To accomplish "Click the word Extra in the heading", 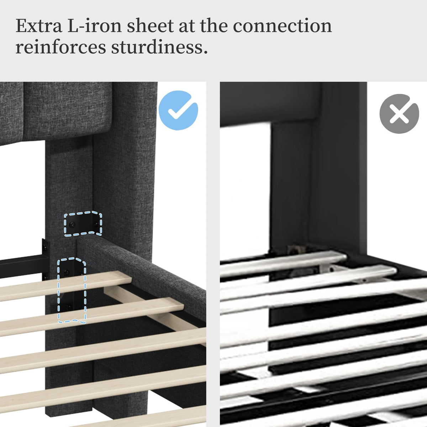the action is point(39,26).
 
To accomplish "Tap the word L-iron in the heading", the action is point(94,26).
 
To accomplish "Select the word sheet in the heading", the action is point(150,26).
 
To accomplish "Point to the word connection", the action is point(282,26).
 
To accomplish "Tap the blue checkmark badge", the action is point(178,110).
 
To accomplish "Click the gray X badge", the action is point(399,114).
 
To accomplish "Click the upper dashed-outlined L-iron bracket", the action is point(83,223).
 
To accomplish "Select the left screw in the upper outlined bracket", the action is point(72,225).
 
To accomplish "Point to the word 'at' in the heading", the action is point(186,26).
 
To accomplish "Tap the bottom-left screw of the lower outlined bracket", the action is point(68,307).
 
